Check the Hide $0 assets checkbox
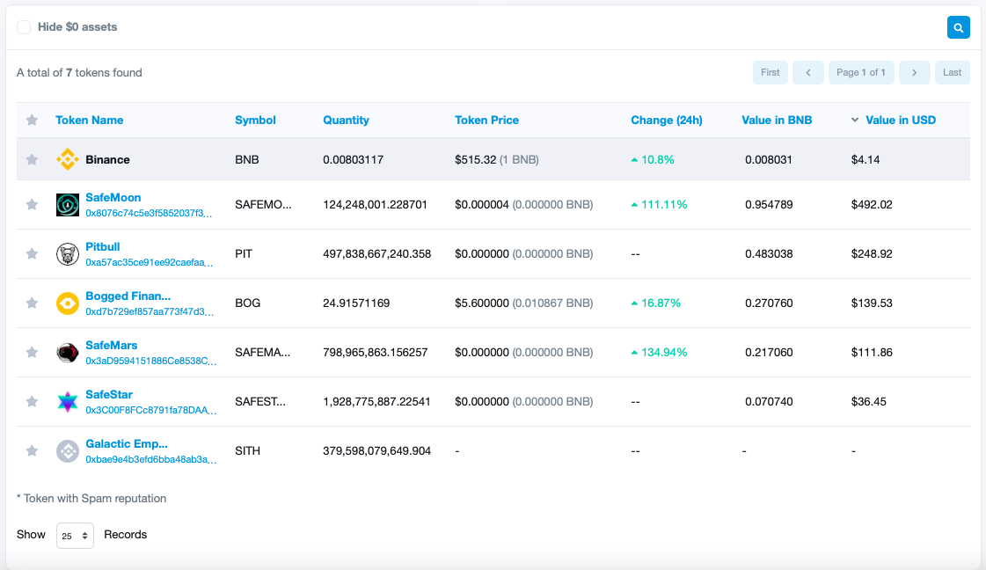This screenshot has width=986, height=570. click(x=24, y=27)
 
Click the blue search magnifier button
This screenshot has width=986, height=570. click(x=958, y=27)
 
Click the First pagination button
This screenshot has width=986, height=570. click(x=770, y=72)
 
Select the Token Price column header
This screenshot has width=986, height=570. click(x=486, y=121)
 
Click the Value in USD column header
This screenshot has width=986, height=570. click(x=900, y=121)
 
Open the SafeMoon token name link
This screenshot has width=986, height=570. click(x=113, y=198)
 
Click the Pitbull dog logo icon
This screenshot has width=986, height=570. click(x=68, y=254)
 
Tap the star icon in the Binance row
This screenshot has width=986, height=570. click(x=32, y=160)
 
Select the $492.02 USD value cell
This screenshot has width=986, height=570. click(x=871, y=205)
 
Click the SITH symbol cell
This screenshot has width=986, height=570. click(x=247, y=451)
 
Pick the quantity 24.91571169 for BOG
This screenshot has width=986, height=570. click(x=355, y=303)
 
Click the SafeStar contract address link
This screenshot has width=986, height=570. click(x=150, y=410)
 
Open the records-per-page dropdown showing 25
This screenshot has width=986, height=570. click(x=75, y=536)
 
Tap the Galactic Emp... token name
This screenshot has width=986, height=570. click(x=126, y=444)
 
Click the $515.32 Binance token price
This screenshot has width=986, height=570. click(x=475, y=160)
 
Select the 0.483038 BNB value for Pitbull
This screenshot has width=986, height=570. click(x=769, y=254)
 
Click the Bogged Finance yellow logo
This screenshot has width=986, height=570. click(x=68, y=303)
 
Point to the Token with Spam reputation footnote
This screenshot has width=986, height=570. click(x=91, y=499)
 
